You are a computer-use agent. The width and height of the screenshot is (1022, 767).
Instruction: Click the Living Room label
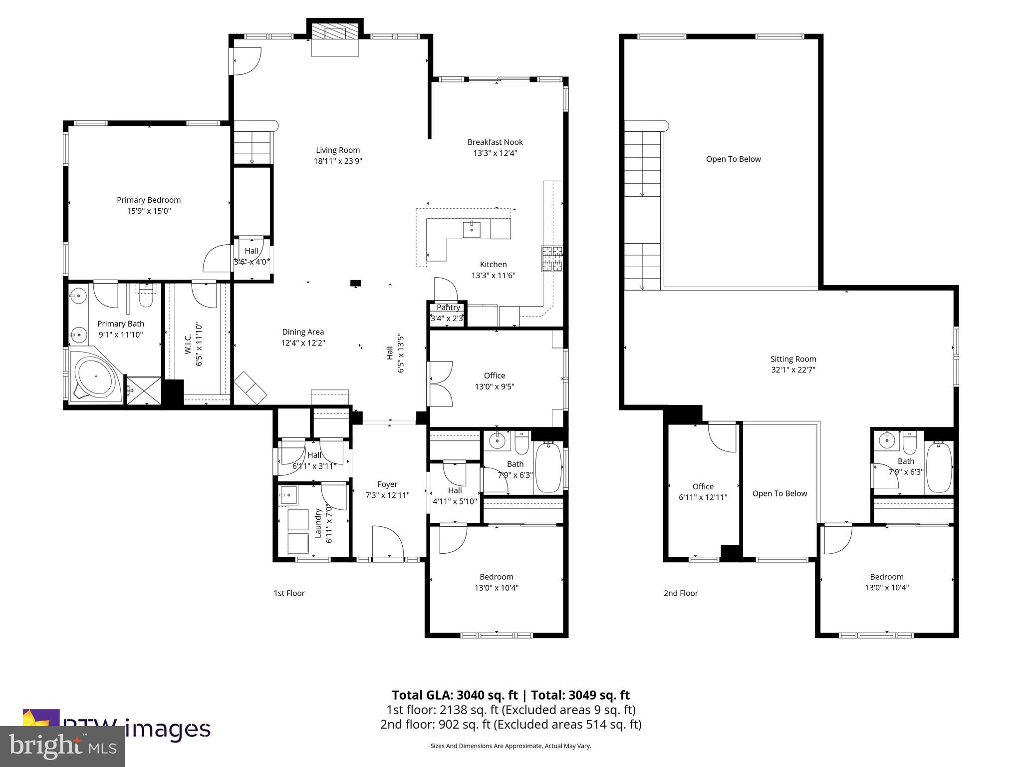[338, 150]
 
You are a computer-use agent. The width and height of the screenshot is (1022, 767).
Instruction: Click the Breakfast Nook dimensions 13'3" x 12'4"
[495, 153]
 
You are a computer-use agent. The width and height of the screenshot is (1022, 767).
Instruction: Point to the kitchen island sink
[472, 230]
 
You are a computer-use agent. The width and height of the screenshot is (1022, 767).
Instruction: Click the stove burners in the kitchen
[552, 259]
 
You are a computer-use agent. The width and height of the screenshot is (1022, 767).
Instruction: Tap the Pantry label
[448, 308]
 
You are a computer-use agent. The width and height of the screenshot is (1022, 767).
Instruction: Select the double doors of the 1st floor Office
[441, 383]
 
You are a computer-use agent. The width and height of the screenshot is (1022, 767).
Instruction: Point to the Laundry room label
[317, 523]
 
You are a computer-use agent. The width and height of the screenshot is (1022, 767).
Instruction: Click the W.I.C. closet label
[189, 345]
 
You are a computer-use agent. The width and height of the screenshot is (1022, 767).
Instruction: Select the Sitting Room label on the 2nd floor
[793, 359]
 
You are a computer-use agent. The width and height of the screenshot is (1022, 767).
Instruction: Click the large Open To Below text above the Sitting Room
[733, 159]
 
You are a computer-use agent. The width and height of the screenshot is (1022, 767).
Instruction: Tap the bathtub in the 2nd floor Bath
[939, 467]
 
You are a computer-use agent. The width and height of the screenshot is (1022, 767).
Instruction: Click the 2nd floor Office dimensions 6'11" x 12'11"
[703, 497]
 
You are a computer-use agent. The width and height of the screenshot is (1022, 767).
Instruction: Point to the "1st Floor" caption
[289, 593]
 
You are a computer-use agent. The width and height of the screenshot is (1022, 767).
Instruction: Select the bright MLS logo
[62, 747]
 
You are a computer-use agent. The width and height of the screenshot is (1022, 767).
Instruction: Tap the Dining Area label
[303, 332]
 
